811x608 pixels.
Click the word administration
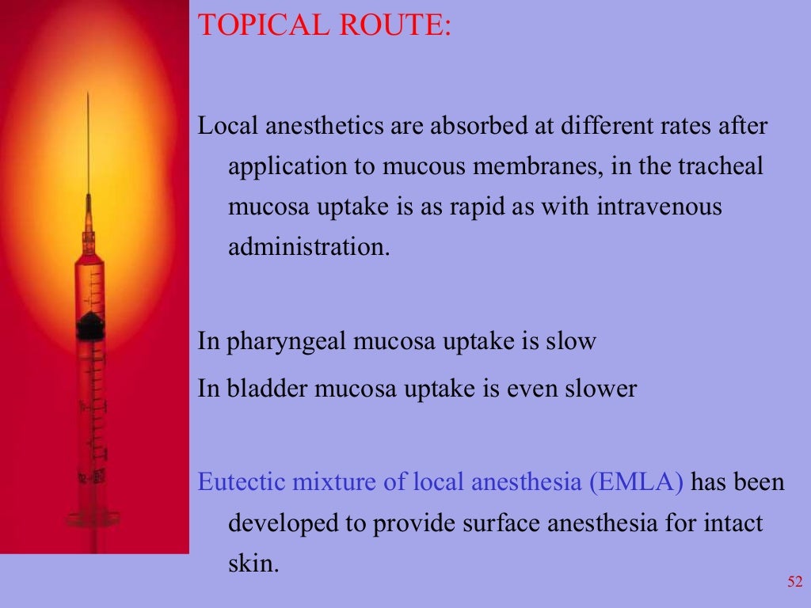point(309,248)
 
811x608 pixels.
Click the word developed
point(276,523)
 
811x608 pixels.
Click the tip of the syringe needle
point(88,95)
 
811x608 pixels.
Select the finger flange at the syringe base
point(93,519)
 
